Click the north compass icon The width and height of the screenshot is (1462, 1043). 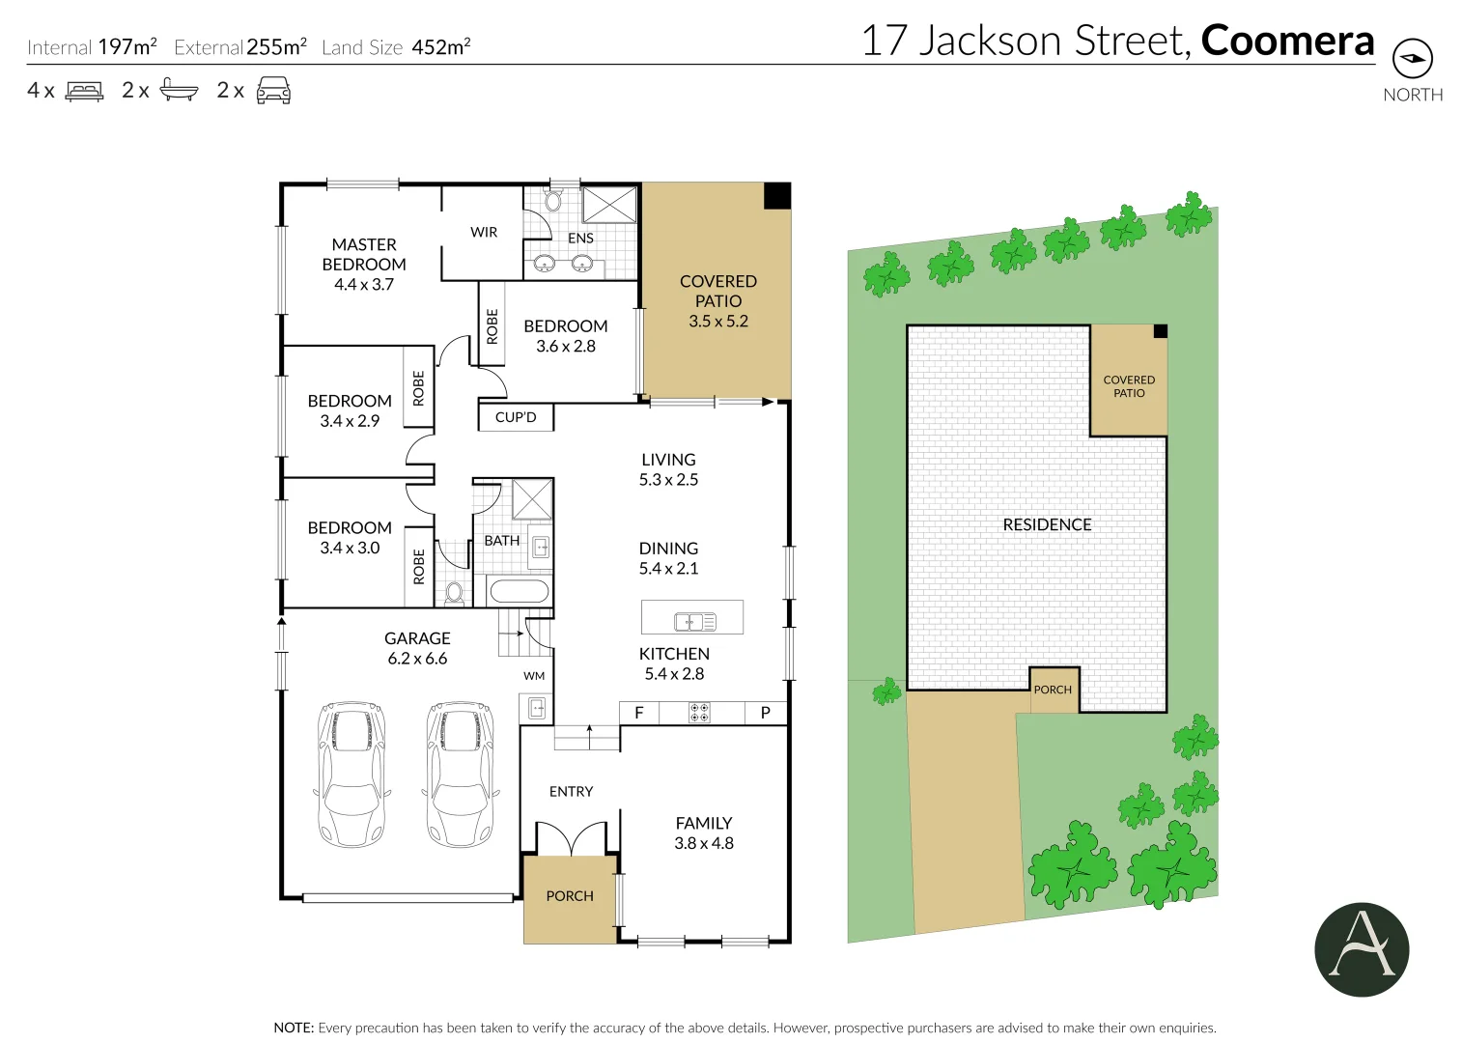coord(1412,59)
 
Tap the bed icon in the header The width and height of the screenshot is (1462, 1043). coord(84,91)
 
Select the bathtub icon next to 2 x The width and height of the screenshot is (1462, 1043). coord(179,90)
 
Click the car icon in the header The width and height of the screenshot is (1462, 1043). coord(273,91)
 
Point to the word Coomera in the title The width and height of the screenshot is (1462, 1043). coord(1287,41)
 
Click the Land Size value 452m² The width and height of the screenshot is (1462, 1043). coord(440,46)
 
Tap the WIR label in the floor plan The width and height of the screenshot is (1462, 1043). coord(484,232)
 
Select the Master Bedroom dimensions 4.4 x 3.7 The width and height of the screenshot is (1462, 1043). coord(364,284)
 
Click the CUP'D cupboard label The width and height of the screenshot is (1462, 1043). coord(516,417)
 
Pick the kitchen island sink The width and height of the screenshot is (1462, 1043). coord(694,622)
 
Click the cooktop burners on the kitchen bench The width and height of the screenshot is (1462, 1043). coord(699,713)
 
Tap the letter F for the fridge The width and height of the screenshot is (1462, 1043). coord(638,713)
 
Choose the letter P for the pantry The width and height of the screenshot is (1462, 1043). coord(765,713)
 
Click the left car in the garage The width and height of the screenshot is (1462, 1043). coord(352,775)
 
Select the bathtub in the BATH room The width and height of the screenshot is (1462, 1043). coord(519,591)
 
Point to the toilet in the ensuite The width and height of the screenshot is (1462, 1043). coord(552,201)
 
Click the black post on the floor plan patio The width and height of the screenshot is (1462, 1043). coord(777,196)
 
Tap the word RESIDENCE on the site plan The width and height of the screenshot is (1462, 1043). coord(1047,524)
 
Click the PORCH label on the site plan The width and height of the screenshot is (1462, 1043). coord(1053,690)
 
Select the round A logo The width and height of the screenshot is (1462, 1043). coord(1362,949)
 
